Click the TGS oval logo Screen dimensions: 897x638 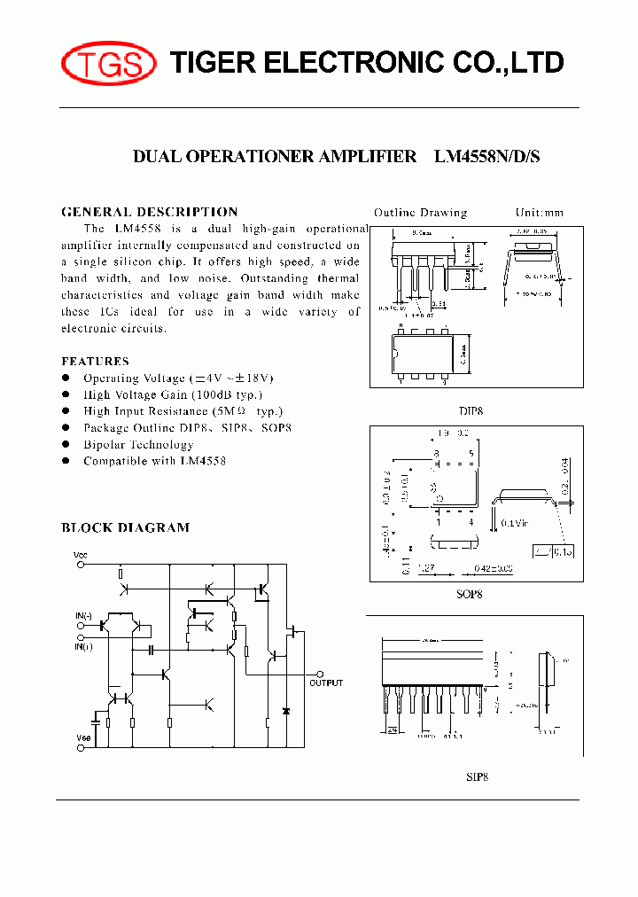tap(108, 63)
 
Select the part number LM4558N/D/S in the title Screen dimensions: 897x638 tap(486, 157)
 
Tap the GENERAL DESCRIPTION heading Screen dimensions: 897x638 tap(149, 212)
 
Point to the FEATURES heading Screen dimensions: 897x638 tap(95, 361)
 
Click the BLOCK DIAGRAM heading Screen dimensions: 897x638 tap(125, 527)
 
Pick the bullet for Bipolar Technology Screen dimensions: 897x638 tap(66, 445)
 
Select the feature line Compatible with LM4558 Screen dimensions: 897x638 tap(154, 461)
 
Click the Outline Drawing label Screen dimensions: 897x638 tap(420, 213)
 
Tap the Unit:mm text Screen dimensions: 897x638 tap(539, 213)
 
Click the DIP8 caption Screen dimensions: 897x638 tap(471, 411)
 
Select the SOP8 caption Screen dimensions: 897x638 tap(470, 594)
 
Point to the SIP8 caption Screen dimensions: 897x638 tap(478, 777)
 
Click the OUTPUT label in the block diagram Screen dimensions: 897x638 tap(325, 683)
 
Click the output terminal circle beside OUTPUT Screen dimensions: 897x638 tap(322, 674)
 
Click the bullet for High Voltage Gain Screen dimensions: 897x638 tap(66, 395)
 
